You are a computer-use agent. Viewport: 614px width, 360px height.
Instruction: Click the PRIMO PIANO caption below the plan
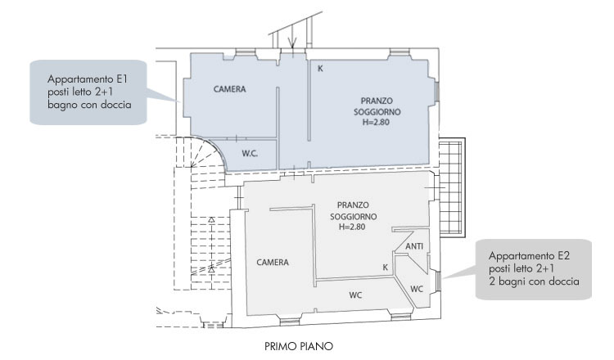pyautogui.click(x=299, y=346)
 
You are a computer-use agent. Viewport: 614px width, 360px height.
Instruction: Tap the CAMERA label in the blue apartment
pyautogui.click(x=230, y=89)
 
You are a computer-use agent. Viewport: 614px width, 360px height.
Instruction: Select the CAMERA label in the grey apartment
pyautogui.click(x=273, y=262)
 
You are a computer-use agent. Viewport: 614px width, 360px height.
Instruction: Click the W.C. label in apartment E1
pyautogui.click(x=250, y=153)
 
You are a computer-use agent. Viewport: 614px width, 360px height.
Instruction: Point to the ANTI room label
pyautogui.click(x=414, y=246)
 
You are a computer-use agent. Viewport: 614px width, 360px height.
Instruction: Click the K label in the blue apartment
pyautogui.click(x=320, y=69)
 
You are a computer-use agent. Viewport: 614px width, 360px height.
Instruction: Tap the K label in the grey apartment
pyautogui.click(x=386, y=268)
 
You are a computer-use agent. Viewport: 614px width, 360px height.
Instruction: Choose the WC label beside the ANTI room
pyautogui.click(x=417, y=289)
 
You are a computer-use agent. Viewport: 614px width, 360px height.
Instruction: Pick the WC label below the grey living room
pyautogui.click(x=355, y=295)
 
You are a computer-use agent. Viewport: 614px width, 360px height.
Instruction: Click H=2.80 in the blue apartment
pyautogui.click(x=376, y=122)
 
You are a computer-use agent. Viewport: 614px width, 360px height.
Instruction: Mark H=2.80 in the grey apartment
pyautogui.click(x=352, y=227)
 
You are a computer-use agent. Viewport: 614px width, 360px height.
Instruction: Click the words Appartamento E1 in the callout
pyautogui.click(x=88, y=79)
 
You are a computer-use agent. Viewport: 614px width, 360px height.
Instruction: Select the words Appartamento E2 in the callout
pyautogui.click(x=529, y=256)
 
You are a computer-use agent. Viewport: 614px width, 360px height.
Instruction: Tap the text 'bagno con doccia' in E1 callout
pyautogui.click(x=90, y=105)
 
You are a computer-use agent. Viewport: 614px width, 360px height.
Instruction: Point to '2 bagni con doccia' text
pyautogui.click(x=534, y=281)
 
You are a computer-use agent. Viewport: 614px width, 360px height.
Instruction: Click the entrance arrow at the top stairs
pyautogui.click(x=292, y=41)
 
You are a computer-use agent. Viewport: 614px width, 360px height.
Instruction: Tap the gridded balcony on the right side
pyautogui.click(x=452, y=187)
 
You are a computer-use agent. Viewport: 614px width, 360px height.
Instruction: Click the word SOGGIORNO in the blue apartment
pyautogui.click(x=377, y=112)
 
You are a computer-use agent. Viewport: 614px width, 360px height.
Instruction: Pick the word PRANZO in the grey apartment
pyautogui.click(x=353, y=205)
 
